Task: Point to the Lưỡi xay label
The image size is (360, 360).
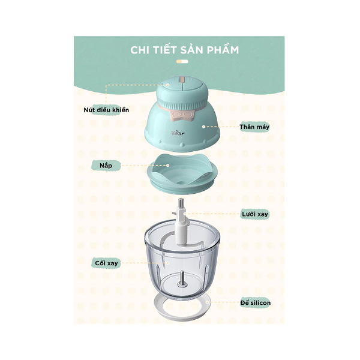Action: [253, 213]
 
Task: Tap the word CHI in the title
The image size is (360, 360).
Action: [140, 49]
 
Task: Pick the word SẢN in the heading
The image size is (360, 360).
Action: [192, 49]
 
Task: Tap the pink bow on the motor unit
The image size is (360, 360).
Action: [181, 111]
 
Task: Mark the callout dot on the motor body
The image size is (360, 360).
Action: [204, 127]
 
